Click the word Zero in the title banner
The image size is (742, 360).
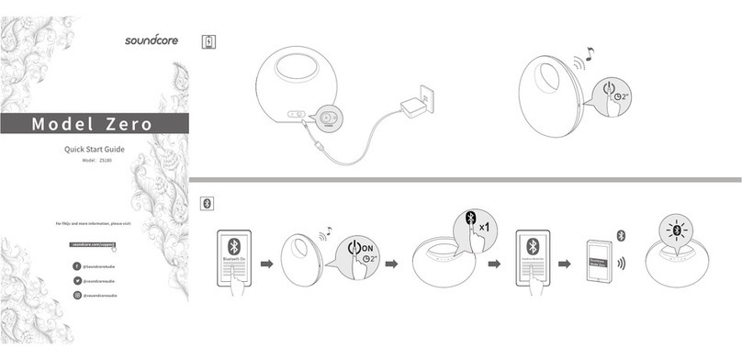[122, 123]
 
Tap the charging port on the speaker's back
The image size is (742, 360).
[327, 118]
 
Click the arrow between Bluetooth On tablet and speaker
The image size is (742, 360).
[267, 264]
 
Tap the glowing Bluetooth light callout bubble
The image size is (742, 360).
[680, 230]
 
